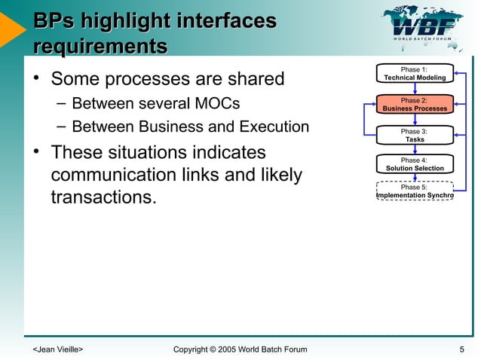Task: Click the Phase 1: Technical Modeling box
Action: coord(415,74)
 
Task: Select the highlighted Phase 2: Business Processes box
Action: coord(415,104)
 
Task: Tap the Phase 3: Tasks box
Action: coord(415,135)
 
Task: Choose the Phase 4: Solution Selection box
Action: coord(415,164)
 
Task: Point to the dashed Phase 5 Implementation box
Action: coord(415,191)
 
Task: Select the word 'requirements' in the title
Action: coord(100,47)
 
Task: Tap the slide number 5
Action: coord(461,349)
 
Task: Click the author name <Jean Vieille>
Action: coord(57,349)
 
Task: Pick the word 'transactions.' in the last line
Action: coord(108,200)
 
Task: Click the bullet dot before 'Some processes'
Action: coord(35,78)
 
